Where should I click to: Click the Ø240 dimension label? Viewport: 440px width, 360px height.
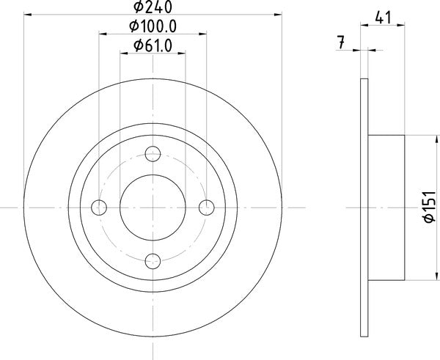pyautogui.click(x=153, y=7)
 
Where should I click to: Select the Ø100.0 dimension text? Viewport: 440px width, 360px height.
pyautogui.click(x=153, y=26)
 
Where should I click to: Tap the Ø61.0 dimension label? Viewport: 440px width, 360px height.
pyautogui.click(x=153, y=45)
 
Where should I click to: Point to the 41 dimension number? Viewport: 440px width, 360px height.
pyautogui.click(x=383, y=18)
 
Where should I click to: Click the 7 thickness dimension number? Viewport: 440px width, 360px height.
pyautogui.click(x=341, y=43)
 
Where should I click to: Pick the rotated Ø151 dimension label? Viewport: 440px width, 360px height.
pyautogui.click(x=430, y=207)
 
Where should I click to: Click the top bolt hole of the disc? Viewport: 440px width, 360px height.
pyautogui.click(x=153, y=154)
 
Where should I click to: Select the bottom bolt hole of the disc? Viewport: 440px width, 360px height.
pyautogui.click(x=153, y=261)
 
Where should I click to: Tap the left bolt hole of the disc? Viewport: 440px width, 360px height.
pyautogui.click(x=99, y=207)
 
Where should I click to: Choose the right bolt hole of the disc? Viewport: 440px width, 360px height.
pyautogui.click(x=207, y=207)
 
